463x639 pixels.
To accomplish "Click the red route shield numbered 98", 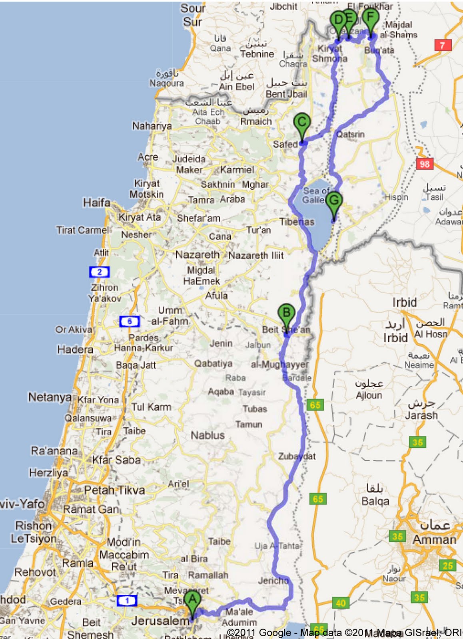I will [424, 164].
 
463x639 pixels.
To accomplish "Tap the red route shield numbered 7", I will [443, 45].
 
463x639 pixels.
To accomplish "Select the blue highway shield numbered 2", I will [100, 272].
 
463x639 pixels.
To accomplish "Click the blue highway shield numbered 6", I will [129, 321].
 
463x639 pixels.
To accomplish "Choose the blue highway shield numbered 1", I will [127, 600].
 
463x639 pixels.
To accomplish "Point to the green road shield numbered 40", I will [341, 603].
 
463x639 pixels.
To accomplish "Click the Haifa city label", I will [97, 203].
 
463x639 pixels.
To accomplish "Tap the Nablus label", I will [208, 435].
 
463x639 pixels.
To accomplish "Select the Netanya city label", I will [50, 397].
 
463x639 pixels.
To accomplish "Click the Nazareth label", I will [197, 254].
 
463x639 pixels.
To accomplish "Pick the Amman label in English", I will [434, 540].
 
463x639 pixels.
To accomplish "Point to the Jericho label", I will [273, 580].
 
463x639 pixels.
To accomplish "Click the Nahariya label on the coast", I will [152, 126].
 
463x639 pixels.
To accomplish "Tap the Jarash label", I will [421, 415].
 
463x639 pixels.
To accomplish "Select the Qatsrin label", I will [350, 134].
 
